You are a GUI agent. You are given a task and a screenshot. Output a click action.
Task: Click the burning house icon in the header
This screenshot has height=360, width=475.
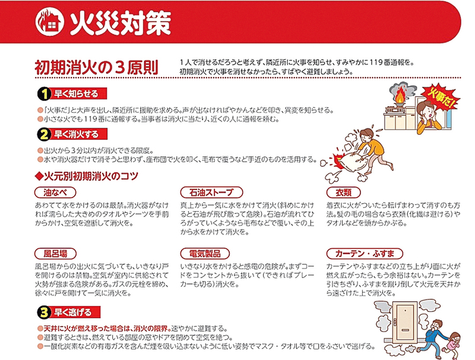click(50, 22)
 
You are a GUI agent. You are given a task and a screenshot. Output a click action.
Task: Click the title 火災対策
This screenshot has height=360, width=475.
click(121, 23)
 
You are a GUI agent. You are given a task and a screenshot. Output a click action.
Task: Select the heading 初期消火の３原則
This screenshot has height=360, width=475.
click(97, 68)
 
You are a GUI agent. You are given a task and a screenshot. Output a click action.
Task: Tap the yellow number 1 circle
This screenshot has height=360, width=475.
click(44, 94)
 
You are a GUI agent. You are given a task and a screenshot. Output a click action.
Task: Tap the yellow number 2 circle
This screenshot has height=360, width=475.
click(44, 134)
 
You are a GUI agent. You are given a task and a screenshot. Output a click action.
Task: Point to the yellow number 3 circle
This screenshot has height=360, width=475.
click(44, 312)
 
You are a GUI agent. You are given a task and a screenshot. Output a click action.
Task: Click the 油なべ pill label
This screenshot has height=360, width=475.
click(55, 192)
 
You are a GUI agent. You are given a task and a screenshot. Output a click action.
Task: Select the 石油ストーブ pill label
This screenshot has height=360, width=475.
click(211, 192)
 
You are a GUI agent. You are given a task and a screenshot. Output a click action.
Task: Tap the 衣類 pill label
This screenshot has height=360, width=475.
click(343, 192)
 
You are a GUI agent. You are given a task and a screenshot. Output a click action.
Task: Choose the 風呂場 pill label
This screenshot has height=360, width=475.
click(55, 254)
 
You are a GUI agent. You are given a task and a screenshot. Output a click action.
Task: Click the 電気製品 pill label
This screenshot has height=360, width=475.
click(205, 254)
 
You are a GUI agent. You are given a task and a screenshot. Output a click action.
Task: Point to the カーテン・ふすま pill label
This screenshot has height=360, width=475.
click(365, 254)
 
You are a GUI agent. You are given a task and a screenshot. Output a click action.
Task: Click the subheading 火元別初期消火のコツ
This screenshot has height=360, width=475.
click(87, 176)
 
